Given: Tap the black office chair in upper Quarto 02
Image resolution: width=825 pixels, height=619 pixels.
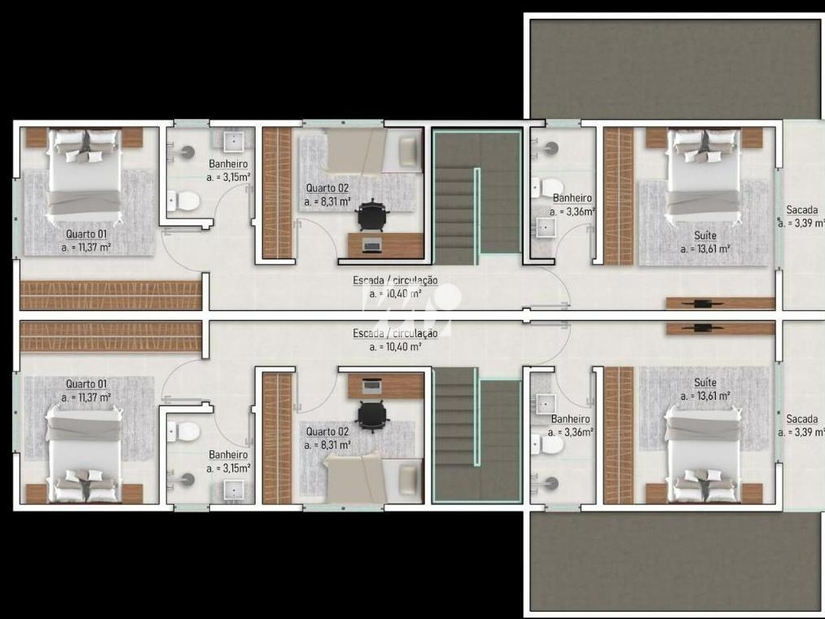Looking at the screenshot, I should pyautogui.click(x=372, y=215).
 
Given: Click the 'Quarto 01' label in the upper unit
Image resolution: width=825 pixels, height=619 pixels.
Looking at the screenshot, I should pyautogui.click(x=86, y=234).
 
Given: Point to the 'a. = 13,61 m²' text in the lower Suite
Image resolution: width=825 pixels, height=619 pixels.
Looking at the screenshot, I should pyautogui.click(x=705, y=396).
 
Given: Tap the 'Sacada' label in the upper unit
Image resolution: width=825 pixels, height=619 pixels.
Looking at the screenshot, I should pyautogui.click(x=801, y=210).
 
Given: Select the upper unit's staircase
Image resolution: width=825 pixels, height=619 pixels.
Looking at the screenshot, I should pyautogui.click(x=476, y=193).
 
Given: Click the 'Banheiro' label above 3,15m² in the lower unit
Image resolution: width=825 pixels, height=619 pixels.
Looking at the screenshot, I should pyautogui.click(x=228, y=454).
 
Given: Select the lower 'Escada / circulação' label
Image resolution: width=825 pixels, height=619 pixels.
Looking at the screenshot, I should pyautogui.click(x=395, y=333).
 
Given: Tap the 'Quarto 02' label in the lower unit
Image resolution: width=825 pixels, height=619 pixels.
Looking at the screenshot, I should pyautogui.click(x=327, y=432).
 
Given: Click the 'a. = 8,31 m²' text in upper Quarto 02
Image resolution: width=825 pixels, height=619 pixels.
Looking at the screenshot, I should pyautogui.click(x=327, y=201).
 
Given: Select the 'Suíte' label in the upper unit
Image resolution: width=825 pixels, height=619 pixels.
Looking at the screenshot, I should pyautogui.click(x=705, y=235).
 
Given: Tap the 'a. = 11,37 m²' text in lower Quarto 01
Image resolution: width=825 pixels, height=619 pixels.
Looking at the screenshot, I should pyautogui.click(x=86, y=397).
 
